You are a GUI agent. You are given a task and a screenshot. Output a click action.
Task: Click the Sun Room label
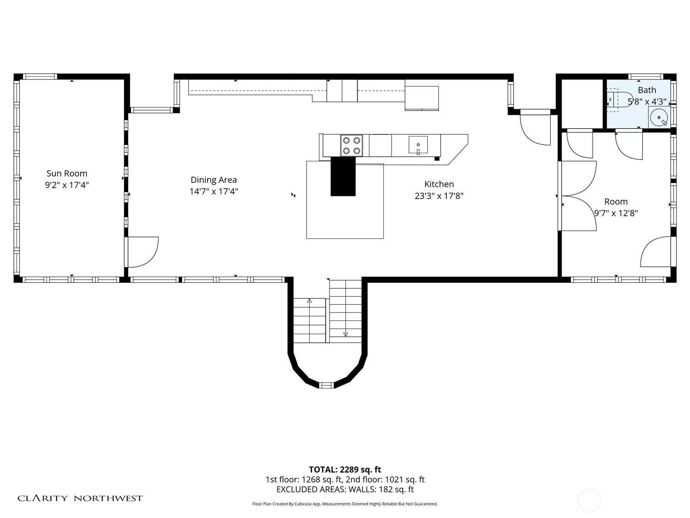point(67,174)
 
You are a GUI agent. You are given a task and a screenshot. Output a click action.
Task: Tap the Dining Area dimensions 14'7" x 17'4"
point(214,191)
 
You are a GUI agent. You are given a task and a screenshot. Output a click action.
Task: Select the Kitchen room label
point(439,184)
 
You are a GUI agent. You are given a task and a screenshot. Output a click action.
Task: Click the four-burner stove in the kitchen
point(351,145)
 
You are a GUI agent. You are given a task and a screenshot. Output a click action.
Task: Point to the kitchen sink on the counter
point(418,145)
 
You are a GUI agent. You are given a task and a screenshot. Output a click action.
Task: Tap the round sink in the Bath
point(659,117)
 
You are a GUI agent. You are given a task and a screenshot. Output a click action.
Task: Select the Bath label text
point(647,90)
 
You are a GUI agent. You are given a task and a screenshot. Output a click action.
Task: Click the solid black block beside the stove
point(343,176)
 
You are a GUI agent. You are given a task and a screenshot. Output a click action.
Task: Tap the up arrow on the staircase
point(309,300)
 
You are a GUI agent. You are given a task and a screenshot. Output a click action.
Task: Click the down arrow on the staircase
point(345,334)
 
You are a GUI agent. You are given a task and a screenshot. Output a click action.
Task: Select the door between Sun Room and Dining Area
point(141,252)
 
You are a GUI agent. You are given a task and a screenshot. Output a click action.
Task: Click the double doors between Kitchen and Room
point(578,196)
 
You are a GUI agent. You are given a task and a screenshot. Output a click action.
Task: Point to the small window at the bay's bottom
point(326,385)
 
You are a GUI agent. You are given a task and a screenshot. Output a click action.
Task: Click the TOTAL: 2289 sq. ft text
point(345,470)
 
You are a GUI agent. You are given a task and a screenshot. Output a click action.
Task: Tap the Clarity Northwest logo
point(80,498)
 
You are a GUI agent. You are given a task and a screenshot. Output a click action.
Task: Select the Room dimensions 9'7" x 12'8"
point(616,213)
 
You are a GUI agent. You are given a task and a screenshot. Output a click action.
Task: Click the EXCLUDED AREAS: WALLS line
point(345,490)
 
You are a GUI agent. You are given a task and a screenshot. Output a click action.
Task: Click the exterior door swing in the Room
point(655,252)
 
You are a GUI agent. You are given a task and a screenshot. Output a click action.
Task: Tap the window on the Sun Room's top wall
point(40,77)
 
